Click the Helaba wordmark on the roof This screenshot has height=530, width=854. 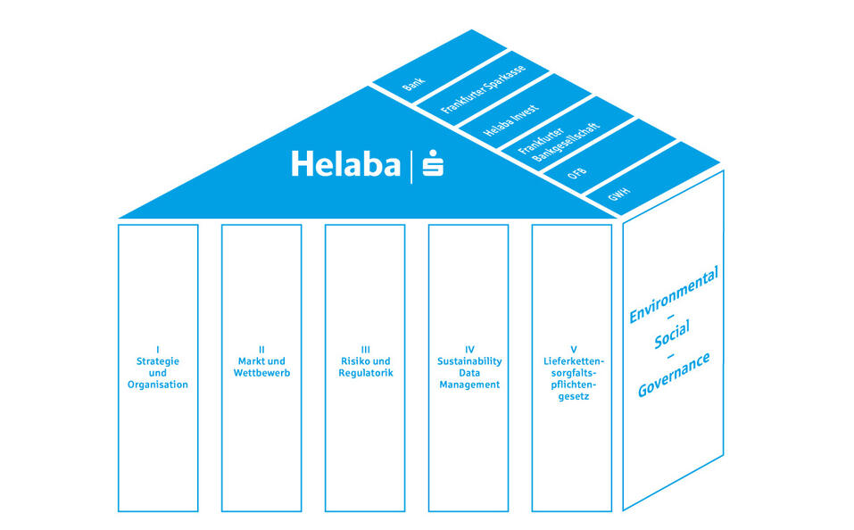pyautogui.click(x=345, y=164)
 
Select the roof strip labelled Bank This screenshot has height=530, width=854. pyautogui.click(x=413, y=86)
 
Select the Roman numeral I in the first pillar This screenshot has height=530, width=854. pyautogui.click(x=157, y=350)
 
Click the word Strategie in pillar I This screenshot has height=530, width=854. pyautogui.click(x=157, y=361)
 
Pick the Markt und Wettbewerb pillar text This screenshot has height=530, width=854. pyautogui.click(x=261, y=367)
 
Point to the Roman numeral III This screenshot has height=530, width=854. pyautogui.click(x=364, y=350)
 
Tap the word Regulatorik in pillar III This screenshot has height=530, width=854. pyautogui.click(x=364, y=373)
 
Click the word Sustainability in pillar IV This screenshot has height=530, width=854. pyautogui.click(x=468, y=361)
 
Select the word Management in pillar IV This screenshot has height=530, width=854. pyautogui.click(x=468, y=385)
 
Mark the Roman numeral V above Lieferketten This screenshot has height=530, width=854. pyautogui.click(x=571, y=350)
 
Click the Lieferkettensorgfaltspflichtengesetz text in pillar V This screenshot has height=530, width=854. pyautogui.click(x=571, y=378)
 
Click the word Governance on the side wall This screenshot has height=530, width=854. pyautogui.click(x=674, y=376)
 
